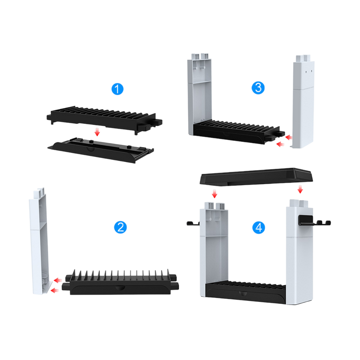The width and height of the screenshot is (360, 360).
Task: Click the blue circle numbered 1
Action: tap(117, 89)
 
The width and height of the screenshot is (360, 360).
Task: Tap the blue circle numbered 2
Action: tap(120, 227)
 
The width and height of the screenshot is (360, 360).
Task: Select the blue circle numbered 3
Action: tap(258, 88)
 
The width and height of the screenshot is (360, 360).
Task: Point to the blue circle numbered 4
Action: tap(259, 227)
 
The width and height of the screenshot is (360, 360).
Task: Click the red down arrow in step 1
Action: tap(97, 132)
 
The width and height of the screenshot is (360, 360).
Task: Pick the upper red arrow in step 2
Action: tap(58, 280)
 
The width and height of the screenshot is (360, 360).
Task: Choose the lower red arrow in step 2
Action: tap(55, 291)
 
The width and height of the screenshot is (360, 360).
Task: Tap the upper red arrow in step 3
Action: tap(289, 137)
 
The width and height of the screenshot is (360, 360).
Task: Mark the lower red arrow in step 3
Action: tap(280, 144)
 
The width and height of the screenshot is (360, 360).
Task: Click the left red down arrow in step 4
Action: tap(214, 194)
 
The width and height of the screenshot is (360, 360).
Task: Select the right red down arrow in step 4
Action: tap(300, 189)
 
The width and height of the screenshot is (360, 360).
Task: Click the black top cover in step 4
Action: tap(256, 176)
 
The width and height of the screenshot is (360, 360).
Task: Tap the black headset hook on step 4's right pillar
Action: tap(314, 221)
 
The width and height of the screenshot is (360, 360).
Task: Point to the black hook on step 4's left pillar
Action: tap(193, 223)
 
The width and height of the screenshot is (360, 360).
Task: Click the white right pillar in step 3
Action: tap(303, 101)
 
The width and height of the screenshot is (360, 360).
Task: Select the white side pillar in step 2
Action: tap(40, 241)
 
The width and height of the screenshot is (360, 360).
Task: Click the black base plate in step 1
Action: tap(101, 150)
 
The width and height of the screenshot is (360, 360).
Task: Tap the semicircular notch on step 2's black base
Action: tap(120, 288)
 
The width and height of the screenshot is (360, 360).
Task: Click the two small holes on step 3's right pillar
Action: tap(309, 71)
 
